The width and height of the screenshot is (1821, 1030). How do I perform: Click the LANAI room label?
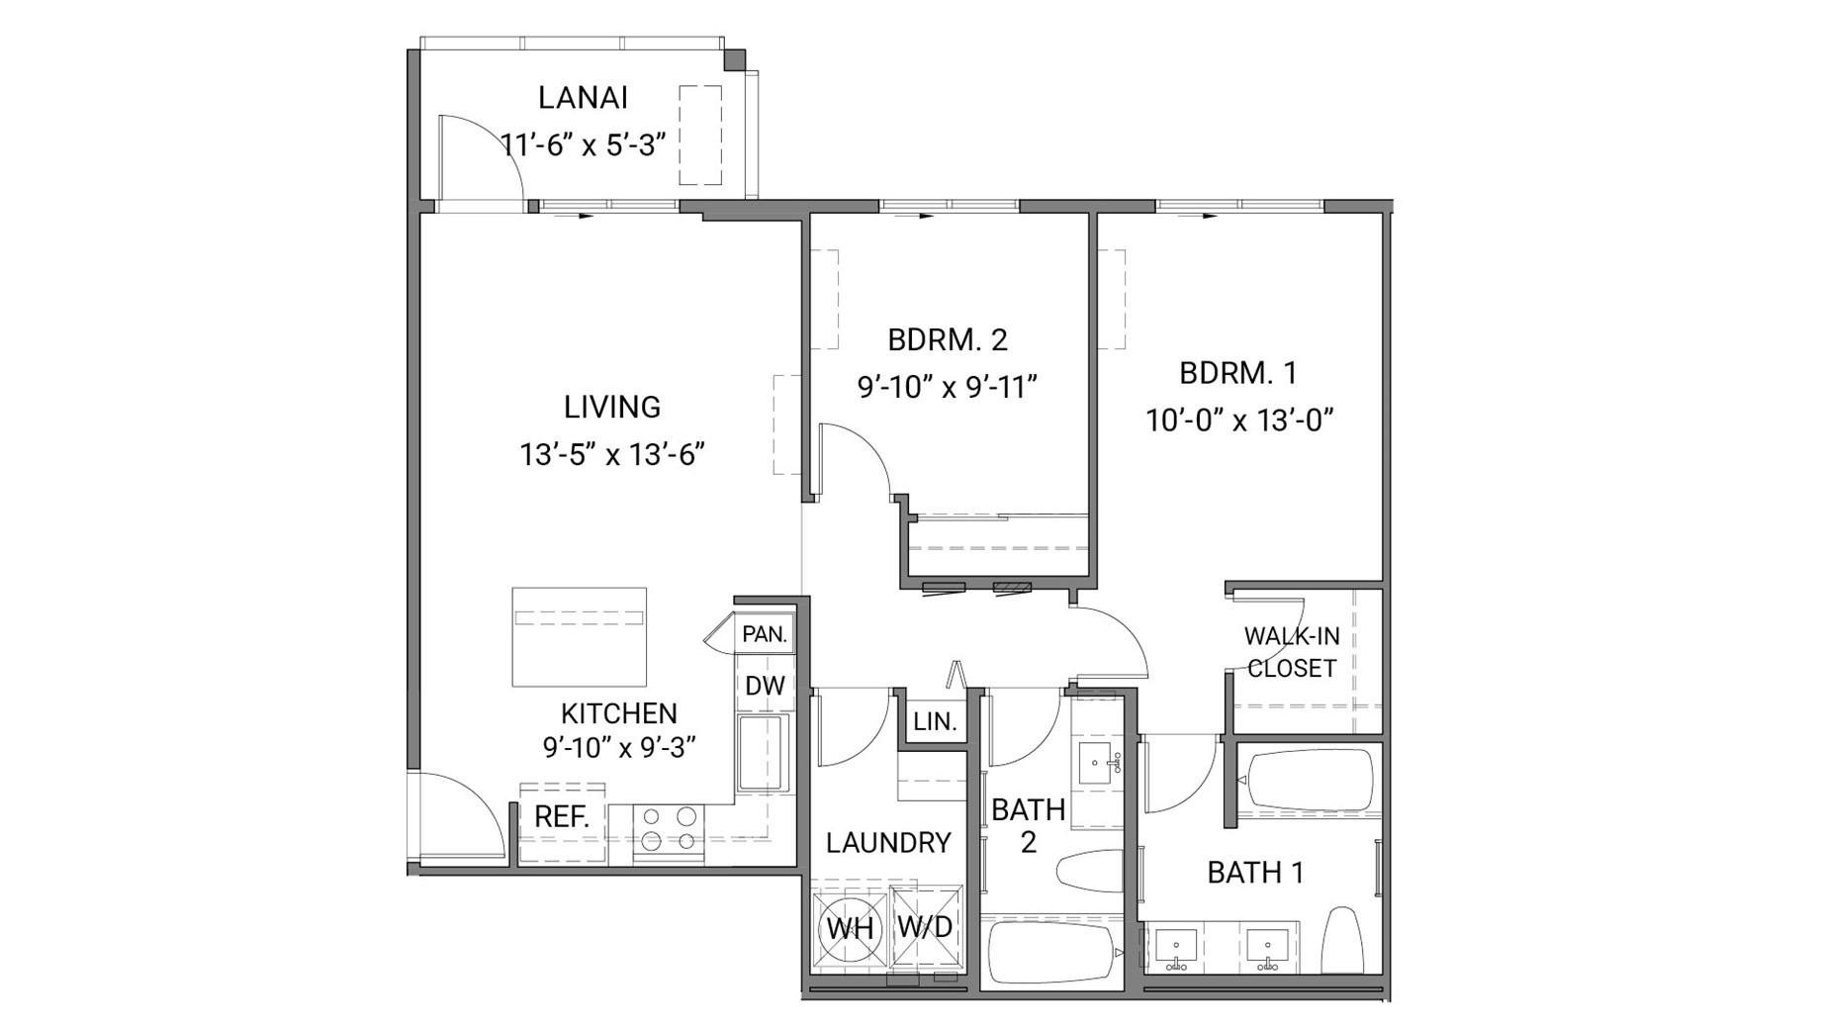coord(583,98)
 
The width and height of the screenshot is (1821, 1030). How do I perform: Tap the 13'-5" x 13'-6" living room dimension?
coord(611,455)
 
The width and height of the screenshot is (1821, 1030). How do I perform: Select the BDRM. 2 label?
coord(947,340)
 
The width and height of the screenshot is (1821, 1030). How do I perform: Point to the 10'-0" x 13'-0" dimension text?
coord(1239,421)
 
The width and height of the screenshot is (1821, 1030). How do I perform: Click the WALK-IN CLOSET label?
coord(1291,652)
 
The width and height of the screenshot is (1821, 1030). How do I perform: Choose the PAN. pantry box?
coord(765,634)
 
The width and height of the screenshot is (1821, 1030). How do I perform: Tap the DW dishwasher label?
coord(765,686)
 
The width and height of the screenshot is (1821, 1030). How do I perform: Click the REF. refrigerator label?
coord(562,817)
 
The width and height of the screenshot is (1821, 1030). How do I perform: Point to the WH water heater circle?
coord(850,928)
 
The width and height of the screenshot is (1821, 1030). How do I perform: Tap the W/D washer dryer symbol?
coord(925,927)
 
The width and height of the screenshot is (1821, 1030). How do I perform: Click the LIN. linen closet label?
coord(935,722)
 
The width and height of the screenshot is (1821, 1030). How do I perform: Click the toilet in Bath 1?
coord(1343,939)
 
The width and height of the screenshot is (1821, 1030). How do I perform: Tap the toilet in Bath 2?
coord(1090,872)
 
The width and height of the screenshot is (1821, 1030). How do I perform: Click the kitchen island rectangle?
coord(579,636)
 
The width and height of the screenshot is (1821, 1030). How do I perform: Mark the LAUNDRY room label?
coord(888,843)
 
